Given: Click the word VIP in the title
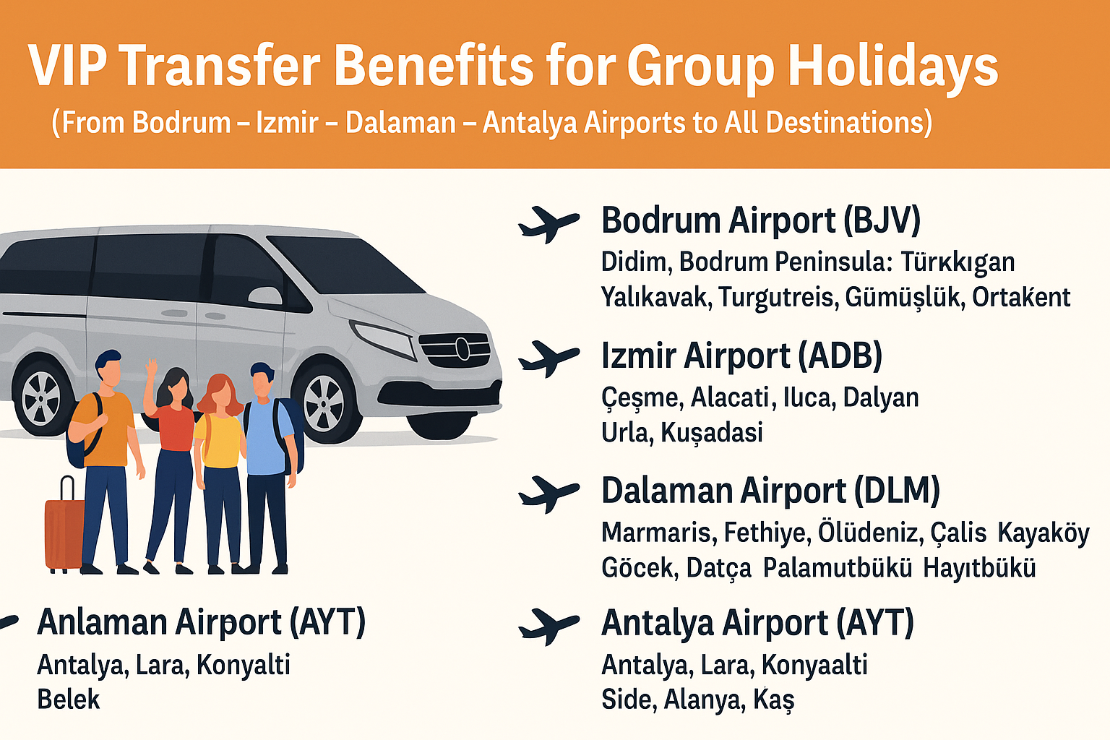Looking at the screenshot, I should pyautogui.click(x=67, y=66).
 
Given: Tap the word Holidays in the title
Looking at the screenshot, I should pyautogui.click(x=892, y=66).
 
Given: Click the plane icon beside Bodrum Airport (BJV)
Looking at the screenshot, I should pyautogui.click(x=548, y=223).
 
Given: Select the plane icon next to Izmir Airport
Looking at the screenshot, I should pyautogui.click(x=548, y=358).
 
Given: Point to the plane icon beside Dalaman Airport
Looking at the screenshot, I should pyautogui.click(x=548, y=494).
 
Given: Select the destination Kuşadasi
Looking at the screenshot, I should pyautogui.click(x=712, y=432).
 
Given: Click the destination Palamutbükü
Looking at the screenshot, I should pyautogui.click(x=838, y=567).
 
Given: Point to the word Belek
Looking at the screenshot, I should pyautogui.click(x=69, y=700).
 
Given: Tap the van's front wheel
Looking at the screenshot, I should pyautogui.click(x=324, y=402).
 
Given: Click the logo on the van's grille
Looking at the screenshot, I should pyautogui.click(x=462, y=349).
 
